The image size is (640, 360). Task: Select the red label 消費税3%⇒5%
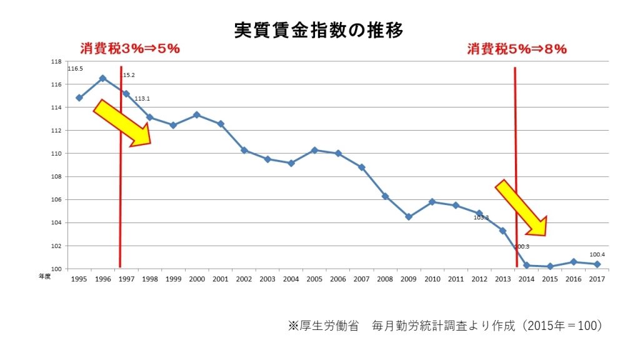click(x=130, y=49)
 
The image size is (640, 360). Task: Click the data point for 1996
click(x=102, y=78)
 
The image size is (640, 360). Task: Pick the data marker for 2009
click(x=409, y=217)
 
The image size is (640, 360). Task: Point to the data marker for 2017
click(x=597, y=264)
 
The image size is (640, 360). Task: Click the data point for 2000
click(x=196, y=115)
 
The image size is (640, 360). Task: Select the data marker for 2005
click(x=314, y=150)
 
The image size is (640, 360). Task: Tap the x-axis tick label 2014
click(x=526, y=279)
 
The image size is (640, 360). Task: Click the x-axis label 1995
click(x=79, y=279)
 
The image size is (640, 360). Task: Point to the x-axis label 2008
click(x=385, y=279)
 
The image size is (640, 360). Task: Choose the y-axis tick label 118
click(x=56, y=61)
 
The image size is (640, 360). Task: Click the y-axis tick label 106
click(x=56, y=200)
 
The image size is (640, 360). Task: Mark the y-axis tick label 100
click(x=56, y=269)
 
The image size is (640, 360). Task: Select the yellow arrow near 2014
click(x=521, y=208)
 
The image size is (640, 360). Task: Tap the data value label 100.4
click(x=597, y=254)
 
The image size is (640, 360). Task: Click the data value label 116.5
click(x=75, y=69)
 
